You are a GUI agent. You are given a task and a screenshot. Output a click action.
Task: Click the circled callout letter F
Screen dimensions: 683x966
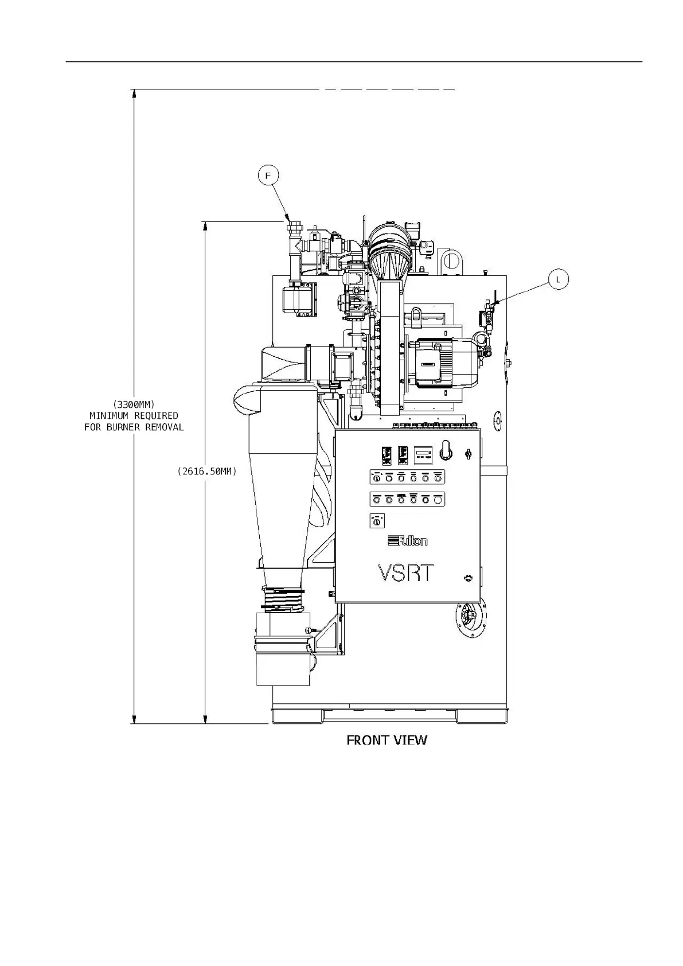pyautogui.click(x=268, y=175)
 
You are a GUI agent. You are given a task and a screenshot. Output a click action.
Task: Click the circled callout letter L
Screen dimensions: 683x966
pyautogui.click(x=558, y=279)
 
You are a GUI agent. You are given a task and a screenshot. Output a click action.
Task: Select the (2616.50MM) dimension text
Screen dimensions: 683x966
pyautogui.click(x=207, y=471)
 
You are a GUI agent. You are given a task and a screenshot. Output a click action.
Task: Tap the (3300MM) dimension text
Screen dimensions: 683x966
pyautogui.click(x=134, y=404)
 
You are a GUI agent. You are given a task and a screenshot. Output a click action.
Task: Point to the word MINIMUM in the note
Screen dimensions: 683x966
pyautogui.click(x=110, y=415)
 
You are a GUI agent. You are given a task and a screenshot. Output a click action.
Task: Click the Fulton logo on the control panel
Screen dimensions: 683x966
pyautogui.click(x=408, y=540)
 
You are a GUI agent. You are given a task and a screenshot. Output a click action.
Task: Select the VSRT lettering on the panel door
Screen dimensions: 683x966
pyautogui.click(x=406, y=573)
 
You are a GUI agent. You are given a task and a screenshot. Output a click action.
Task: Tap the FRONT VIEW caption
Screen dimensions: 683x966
pyautogui.click(x=387, y=739)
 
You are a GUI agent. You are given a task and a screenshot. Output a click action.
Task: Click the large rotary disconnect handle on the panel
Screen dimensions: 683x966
pyautogui.click(x=446, y=450)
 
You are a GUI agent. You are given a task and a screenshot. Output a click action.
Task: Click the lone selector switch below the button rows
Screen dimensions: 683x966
pyautogui.click(x=377, y=521)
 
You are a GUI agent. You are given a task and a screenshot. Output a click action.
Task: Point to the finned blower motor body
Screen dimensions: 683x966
pyautogui.click(x=442, y=363)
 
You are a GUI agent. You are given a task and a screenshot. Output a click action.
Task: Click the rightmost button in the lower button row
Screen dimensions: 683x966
pyautogui.click(x=438, y=500)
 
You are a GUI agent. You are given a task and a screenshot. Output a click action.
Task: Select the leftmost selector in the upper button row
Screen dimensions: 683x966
pyautogui.click(x=377, y=477)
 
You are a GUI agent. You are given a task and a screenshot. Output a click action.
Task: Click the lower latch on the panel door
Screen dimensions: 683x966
pyautogui.click(x=469, y=578)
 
